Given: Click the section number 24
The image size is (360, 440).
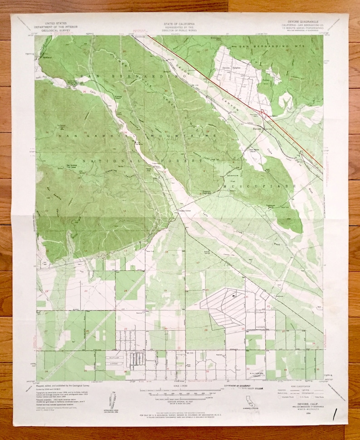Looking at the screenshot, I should pos(125,290).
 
